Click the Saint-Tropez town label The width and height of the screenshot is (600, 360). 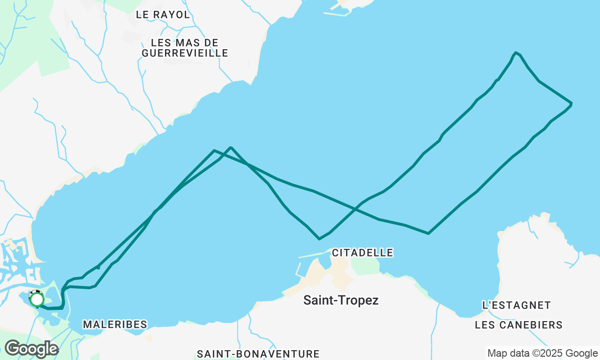tap(341, 300)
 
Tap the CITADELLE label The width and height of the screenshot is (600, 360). tap(362, 253)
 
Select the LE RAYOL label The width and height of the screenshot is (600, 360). tap(163, 15)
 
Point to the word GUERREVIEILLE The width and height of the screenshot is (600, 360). tap(185, 53)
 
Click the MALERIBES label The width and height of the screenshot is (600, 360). tap(115, 324)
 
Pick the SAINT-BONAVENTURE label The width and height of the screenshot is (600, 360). tap(258, 354)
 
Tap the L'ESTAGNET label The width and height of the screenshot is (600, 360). tap(517, 305)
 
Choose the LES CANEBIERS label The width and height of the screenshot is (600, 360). tap(518, 325)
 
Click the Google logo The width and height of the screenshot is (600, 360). tap(31, 349)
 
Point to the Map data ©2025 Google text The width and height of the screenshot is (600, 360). tap(542, 353)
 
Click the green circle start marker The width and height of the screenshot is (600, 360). tap(37, 299)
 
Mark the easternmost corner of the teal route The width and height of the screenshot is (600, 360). tap(571, 103)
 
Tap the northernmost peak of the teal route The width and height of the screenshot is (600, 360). tap(516, 52)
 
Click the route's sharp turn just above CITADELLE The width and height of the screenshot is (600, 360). tap(319, 239)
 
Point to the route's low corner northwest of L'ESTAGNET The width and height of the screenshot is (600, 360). tap(428, 233)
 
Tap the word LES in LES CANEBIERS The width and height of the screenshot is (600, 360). tap(485, 325)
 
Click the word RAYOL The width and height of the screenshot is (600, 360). tap(173, 15)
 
